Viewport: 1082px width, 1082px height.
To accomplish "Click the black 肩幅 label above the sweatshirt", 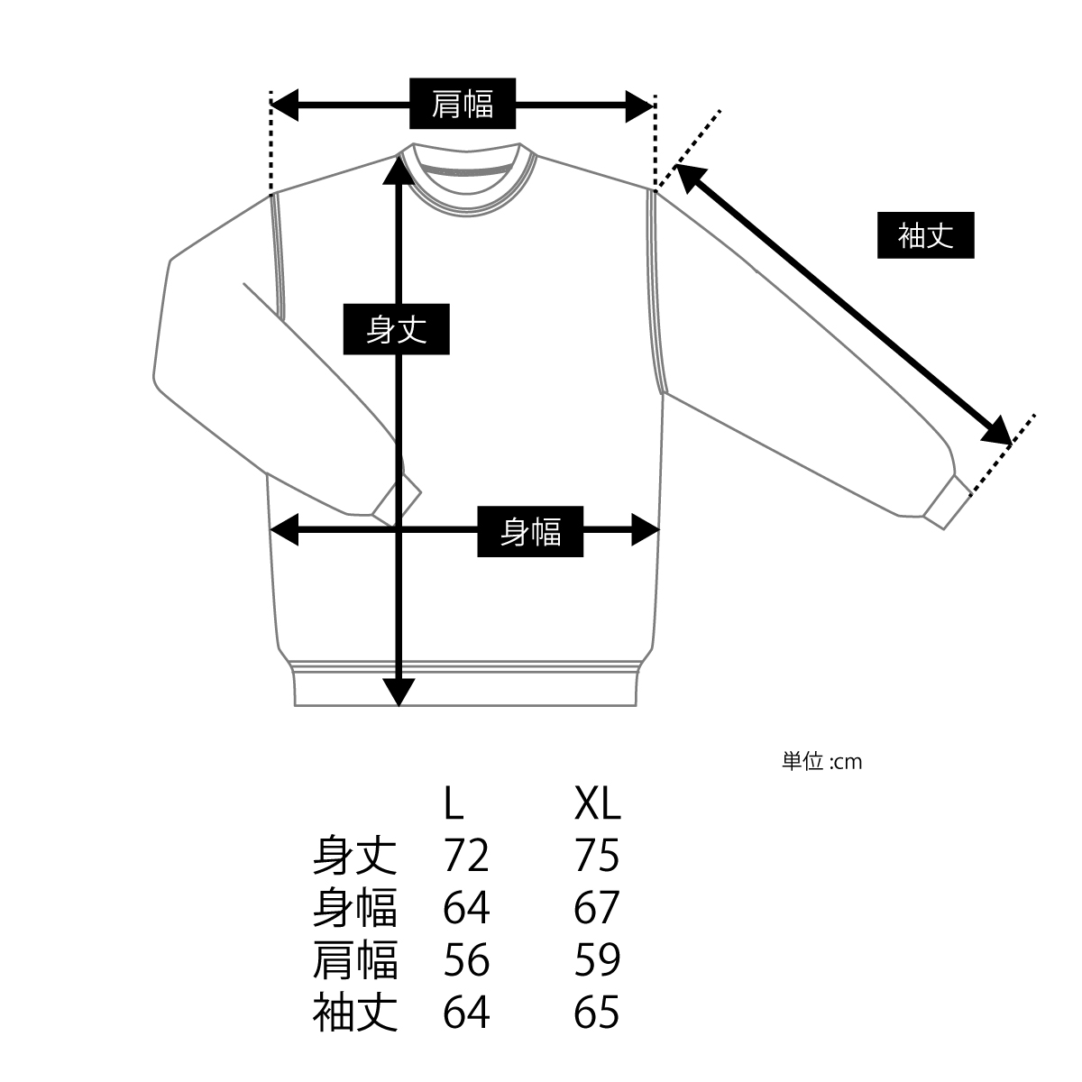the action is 463,104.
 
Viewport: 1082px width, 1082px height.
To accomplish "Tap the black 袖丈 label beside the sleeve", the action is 925,235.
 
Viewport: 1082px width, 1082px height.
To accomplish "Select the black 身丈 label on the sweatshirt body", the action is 396,329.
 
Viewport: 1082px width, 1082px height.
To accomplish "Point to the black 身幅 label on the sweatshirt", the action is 530,532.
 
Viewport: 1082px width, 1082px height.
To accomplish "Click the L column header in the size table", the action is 454,803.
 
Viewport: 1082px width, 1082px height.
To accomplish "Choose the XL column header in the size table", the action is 598,803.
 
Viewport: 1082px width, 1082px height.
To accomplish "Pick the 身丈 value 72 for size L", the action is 466,855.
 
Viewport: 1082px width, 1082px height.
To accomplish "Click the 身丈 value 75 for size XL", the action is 597,855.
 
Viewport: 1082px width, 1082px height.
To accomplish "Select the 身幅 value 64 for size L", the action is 466,907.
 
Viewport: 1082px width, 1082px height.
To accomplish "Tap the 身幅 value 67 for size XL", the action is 597,907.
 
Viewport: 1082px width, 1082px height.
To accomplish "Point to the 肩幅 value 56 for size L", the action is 466,959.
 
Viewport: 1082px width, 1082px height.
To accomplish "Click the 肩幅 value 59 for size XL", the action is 597,959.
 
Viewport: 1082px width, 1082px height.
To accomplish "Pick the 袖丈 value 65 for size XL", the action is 597,1012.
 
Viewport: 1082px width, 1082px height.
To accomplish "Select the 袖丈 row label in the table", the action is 355,1012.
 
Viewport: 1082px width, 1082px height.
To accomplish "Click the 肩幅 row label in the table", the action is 355,959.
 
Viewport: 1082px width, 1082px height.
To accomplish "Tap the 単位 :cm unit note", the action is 822,762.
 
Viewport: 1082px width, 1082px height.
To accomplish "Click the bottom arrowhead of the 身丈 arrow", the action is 399,692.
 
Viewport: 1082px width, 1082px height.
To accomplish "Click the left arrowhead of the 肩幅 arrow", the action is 283,105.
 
